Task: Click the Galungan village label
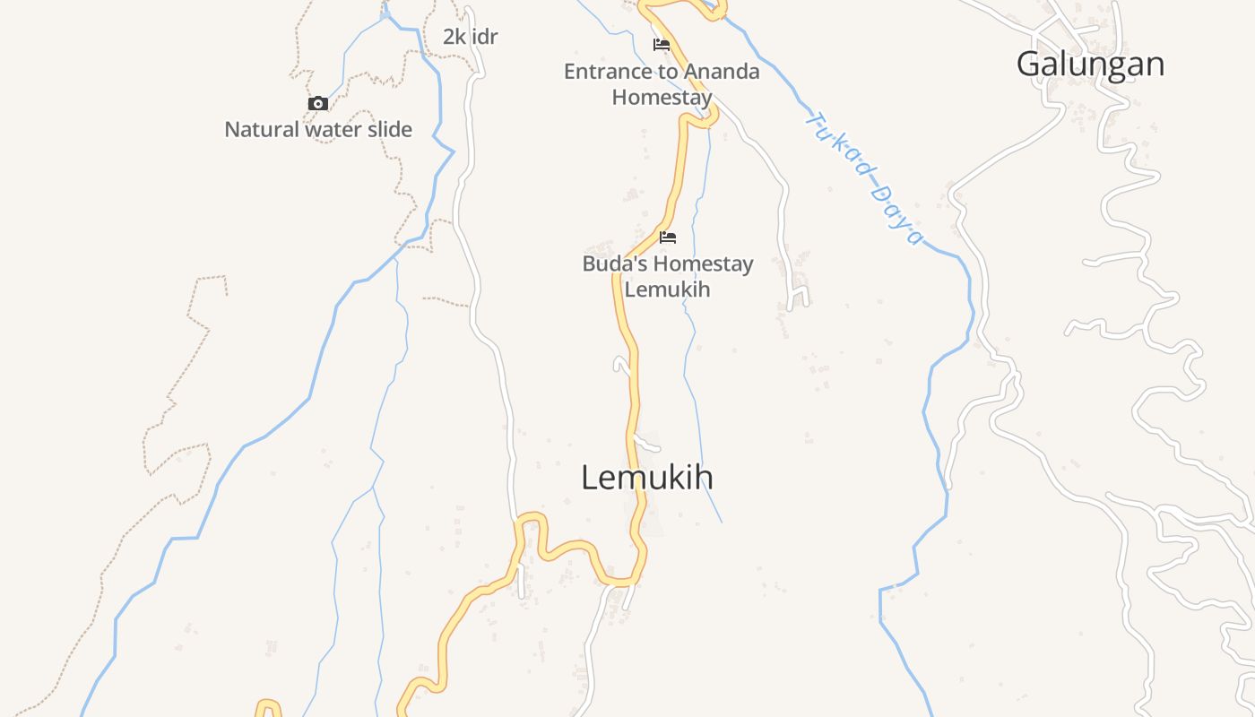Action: coord(1090,64)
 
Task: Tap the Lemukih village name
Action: coord(647,477)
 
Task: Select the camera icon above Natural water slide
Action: coord(318,104)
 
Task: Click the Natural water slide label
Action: coord(318,129)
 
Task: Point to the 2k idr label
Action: coord(470,37)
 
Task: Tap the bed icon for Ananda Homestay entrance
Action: coord(662,45)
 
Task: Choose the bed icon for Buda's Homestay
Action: coord(668,238)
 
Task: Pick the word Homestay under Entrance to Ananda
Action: coord(662,97)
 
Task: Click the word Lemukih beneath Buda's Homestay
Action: coord(667,289)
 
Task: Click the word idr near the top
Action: coord(485,37)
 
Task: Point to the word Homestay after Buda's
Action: coord(702,263)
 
